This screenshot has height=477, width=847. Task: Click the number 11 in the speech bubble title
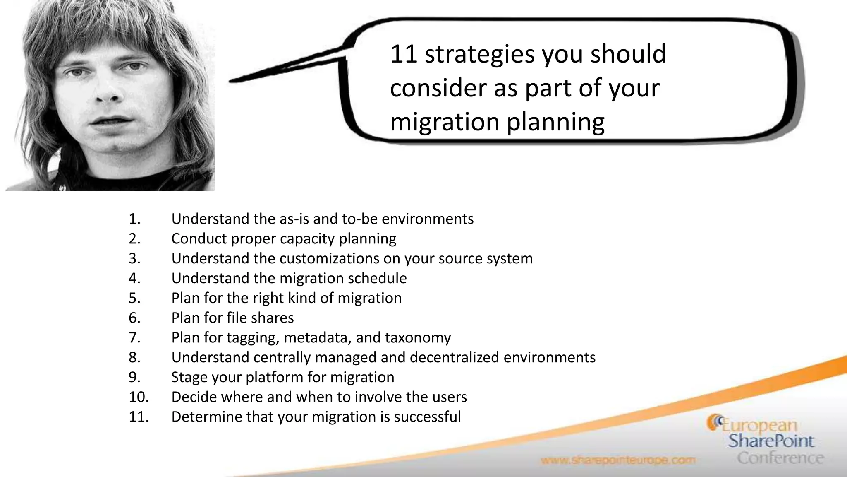[x=404, y=55]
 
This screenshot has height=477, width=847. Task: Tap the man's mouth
[x=111, y=123]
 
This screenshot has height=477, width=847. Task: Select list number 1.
[x=134, y=219]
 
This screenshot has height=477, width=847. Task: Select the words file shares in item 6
[x=260, y=318]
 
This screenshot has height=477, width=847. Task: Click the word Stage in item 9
[x=189, y=378]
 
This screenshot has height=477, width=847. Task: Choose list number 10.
[x=139, y=397]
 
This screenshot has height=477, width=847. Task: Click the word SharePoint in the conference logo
[x=771, y=441]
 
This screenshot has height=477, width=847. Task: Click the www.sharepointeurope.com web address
[x=618, y=460]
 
